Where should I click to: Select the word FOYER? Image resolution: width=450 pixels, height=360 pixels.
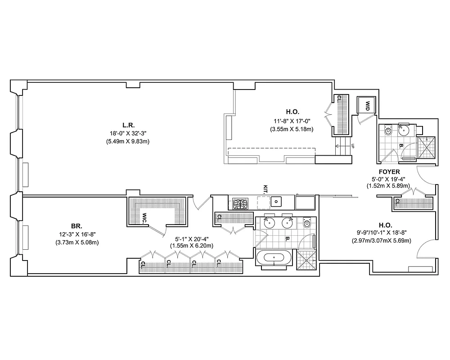[390, 172]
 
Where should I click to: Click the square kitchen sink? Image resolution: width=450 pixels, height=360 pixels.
[277, 201]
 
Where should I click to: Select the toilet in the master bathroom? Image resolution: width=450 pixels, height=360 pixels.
[308, 223]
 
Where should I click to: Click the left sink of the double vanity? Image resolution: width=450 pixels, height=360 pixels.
[269, 222]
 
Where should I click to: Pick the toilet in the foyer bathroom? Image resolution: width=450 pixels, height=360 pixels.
[388, 130]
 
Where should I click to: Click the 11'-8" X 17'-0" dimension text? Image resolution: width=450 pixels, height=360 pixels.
[292, 121]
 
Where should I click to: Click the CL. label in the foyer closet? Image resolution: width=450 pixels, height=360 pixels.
[398, 202]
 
